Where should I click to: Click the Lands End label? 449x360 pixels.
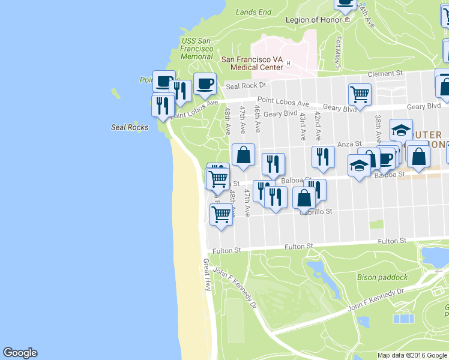point(253,11)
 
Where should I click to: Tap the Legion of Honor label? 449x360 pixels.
point(314,20)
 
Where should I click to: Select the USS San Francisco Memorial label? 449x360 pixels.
point(197,49)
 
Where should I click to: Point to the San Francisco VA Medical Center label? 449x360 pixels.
point(252,63)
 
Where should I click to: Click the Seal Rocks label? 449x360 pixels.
point(130,127)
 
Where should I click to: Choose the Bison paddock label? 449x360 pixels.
point(382,277)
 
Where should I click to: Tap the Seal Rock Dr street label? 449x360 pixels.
point(246,86)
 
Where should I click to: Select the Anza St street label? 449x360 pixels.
point(349,144)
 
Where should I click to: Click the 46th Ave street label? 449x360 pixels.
point(257,118)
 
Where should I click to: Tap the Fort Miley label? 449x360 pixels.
point(339,53)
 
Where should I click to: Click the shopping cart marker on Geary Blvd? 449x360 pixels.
point(360,94)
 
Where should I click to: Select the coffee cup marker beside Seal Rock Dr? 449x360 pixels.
point(205,83)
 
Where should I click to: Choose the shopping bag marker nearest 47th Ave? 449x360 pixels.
point(243,154)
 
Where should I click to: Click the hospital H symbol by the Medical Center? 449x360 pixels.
point(289,64)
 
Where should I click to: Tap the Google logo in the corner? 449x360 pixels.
point(20,353)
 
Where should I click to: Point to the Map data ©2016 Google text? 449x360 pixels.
point(412,355)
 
